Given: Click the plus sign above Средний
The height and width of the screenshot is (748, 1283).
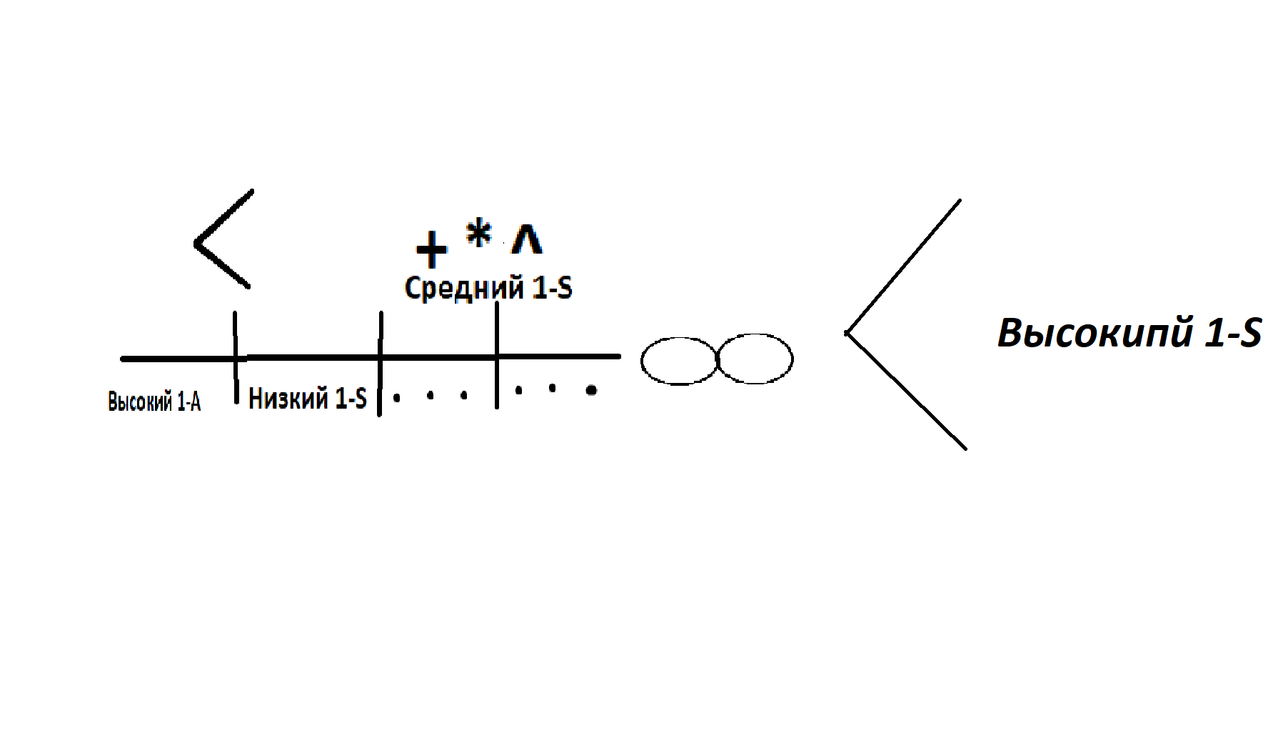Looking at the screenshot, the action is tap(431, 249).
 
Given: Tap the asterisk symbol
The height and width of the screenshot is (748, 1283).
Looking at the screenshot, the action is tap(479, 233).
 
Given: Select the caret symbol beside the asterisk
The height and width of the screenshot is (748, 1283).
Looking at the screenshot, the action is tap(527, 239).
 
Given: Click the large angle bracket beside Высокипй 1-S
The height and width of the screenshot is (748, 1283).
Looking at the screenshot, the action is tap(847, 333).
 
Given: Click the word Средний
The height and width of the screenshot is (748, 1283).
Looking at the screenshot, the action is tap(464, 288).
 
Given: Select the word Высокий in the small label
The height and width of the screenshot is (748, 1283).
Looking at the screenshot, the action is tap(140, 402).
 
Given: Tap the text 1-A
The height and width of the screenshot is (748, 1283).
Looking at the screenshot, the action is tap(189, 402).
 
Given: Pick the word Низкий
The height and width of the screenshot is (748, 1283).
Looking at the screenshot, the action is tap(288, 398).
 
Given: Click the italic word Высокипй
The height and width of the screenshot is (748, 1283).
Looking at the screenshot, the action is tap(1095, 333).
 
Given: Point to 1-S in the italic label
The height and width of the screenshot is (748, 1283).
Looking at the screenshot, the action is tap(1233, 334).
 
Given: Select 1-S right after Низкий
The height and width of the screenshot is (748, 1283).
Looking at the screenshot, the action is tap(351, 398).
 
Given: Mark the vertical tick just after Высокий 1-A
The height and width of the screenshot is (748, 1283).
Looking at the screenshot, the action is tap(236, 358).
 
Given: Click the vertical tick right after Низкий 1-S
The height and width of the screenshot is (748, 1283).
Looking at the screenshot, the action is tap(380, 364).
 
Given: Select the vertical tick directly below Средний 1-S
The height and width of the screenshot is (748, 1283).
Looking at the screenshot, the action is tap(497, 355).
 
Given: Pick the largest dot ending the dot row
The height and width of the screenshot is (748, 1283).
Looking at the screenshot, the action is tap(591, 390).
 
